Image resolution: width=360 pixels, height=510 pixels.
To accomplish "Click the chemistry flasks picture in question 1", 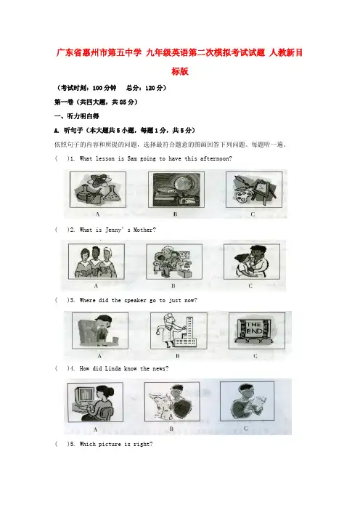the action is [98, 190].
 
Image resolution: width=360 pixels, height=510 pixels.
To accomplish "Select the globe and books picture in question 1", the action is [176, 190].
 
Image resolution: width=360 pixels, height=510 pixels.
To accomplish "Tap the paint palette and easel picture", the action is [254, 190].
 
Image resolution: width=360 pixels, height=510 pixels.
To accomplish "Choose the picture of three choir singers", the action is [97, 262].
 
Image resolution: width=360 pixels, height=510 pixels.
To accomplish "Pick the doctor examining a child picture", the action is [252, 262].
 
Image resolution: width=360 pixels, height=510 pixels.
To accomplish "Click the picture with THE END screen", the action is [257, 331].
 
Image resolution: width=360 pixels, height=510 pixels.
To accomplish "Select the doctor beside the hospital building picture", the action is [179, 331].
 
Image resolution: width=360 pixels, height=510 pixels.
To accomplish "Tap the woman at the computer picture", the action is [95, 402].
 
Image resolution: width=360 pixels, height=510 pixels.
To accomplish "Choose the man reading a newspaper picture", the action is [247, 401].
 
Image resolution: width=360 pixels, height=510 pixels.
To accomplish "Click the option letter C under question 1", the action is [253, 214].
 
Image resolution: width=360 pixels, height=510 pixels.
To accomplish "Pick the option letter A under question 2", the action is [96, 286].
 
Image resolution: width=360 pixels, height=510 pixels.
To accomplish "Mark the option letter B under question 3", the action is [178, 356].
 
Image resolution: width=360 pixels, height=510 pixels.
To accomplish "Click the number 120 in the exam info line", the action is [150, 88].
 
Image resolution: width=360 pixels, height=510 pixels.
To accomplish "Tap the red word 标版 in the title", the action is [180, 71].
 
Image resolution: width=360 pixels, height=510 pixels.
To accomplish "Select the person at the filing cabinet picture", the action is [100, 331].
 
